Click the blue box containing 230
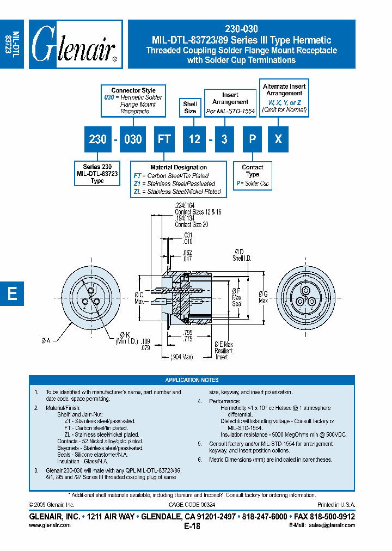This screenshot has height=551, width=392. click(97, 139)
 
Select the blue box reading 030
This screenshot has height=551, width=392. click(133, 139)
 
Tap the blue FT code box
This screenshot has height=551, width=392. click(164, 139)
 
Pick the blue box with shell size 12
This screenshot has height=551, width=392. click(194, 139)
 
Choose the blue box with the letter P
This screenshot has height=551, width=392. click(252, 139)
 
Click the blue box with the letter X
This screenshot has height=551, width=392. click(278, 139)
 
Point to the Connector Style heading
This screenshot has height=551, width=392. click(133, 90)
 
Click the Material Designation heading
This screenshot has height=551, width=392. click(179, 167)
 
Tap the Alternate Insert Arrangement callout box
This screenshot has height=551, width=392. click(284, 97)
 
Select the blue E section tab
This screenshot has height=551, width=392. click(12, 293)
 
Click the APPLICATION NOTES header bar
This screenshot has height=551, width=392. click(192, 380)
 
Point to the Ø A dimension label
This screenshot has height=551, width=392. click(45, 341)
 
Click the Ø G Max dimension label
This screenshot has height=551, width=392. click(263, 297)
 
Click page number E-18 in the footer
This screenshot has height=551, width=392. click(192, 526)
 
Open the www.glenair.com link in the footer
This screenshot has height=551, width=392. click(49, 525)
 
